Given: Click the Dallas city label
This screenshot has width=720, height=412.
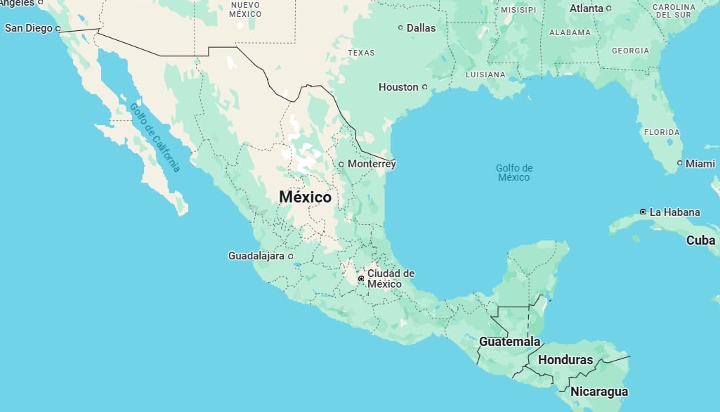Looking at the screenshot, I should click(421, 28).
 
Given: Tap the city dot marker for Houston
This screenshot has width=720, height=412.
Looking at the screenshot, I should click(424, 87).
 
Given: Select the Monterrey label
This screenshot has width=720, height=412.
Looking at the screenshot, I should click(372, 164).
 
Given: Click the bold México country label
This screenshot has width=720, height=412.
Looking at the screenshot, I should click(305, 197).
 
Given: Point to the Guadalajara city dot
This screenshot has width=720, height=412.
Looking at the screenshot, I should click(290, 256).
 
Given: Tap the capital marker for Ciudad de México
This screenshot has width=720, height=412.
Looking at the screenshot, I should click(361, 279).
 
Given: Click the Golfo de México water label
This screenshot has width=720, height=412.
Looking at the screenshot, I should click(514, 172).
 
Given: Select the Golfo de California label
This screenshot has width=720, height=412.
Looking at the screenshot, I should click(155, 137).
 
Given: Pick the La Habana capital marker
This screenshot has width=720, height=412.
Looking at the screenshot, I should click(643, 212).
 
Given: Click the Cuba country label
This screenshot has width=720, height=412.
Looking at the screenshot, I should click(700, 240).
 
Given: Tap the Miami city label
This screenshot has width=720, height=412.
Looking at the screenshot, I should click(700, 163).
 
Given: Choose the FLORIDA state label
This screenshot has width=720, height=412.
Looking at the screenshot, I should click(662, 132).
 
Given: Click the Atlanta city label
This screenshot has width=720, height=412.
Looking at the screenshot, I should click(586, 8).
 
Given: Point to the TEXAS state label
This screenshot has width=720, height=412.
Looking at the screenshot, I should click(361, 53).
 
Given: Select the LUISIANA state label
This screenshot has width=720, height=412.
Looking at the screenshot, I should click(485, 75).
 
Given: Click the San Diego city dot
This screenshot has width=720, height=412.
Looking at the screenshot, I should click(58, 29).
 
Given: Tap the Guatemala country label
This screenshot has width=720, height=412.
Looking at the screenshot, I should click(510, 342).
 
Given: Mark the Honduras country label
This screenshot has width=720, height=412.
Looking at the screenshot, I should click(565, 360).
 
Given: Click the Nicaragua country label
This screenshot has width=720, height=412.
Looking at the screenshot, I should click(599, 392).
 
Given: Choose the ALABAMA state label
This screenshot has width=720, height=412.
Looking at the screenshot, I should click(570, 32).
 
